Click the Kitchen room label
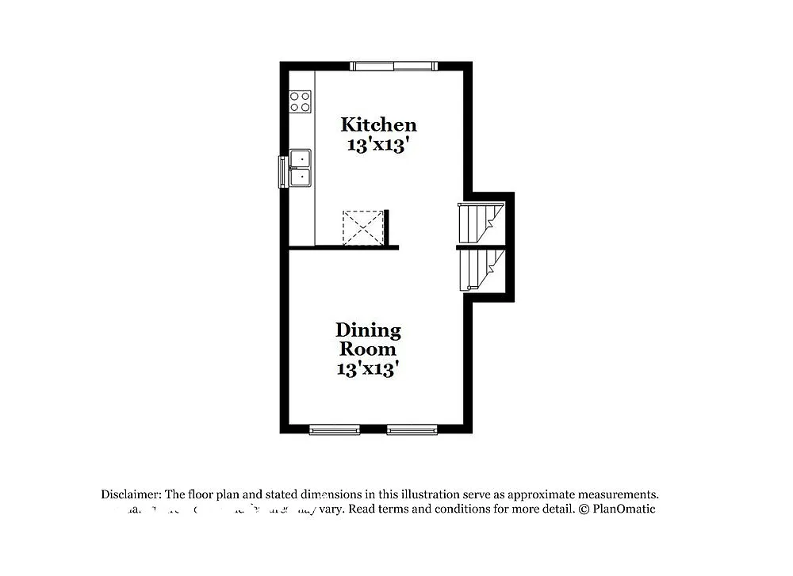pos(378,124)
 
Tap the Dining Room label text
pos(368,339)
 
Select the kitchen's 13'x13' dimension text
pos(378,145)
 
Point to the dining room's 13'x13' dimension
pos(366,368)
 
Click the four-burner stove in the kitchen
pos(301,101)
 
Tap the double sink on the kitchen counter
pos(301,167)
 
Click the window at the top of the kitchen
pos(394,66)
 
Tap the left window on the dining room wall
pos(334,430)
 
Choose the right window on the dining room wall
pos(412,430)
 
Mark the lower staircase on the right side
pos(479,269)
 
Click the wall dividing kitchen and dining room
pos(343,248)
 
